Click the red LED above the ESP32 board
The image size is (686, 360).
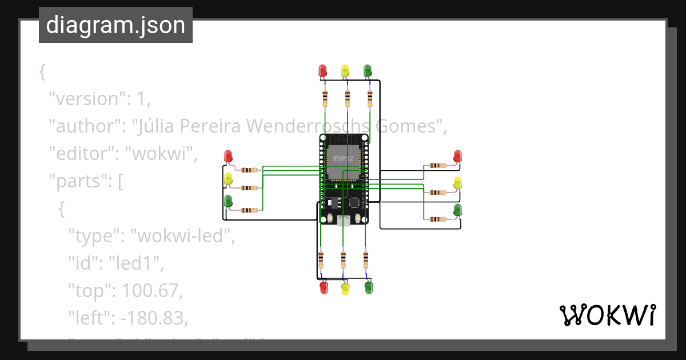click(x=322, y=70)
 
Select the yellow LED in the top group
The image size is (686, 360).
click(x=345, y=70)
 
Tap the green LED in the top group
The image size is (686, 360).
click(x=368, y=70)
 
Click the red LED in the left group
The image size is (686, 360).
click(x=228, y=156)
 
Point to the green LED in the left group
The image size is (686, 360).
click(x=228, y=201)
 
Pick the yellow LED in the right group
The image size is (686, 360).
click(x=457, y=183)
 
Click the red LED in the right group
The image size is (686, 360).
click(x=457, y=155)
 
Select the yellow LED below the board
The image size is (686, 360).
click(x=345, y=288)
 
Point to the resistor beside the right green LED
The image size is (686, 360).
click(x=437, y=219)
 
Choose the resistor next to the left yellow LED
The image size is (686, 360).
click(x=249, y=187)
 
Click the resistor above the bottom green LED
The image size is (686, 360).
click(x=365, y=259)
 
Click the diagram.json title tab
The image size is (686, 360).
click(x=115, y=25)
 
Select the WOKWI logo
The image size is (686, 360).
click(x=607, y=315)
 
